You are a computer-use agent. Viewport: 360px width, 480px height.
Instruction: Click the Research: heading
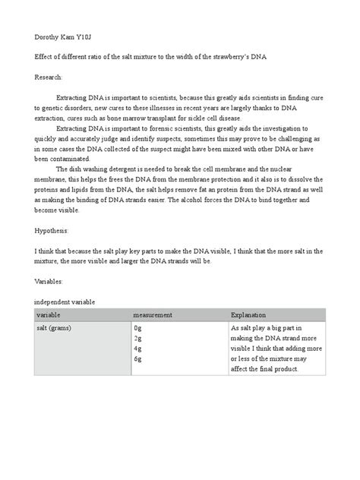pyautogui.click(x=50, y=77)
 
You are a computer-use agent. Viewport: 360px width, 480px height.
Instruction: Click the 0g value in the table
pyautogui.click(x=137, y=329)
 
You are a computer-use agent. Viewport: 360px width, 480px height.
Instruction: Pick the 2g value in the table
pyautogui.click(x=137, y=339)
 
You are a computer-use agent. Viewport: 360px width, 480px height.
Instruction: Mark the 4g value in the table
pyautogui.click(x=137, y=349)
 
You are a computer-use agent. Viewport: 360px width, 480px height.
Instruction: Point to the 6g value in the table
pyautogui.click(x=137, y=358)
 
